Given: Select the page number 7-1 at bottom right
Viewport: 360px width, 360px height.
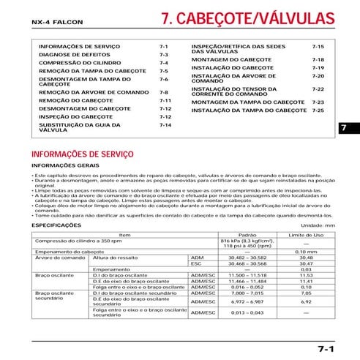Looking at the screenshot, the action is point(326,348).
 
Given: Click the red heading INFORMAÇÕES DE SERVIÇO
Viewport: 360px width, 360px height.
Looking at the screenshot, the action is point(83,155).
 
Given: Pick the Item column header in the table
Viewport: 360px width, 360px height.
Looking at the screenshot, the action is point(124,234).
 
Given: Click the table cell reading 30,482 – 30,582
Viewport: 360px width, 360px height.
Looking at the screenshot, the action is point(248,258).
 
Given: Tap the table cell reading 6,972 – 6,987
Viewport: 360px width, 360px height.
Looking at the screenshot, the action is point(248,301).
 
